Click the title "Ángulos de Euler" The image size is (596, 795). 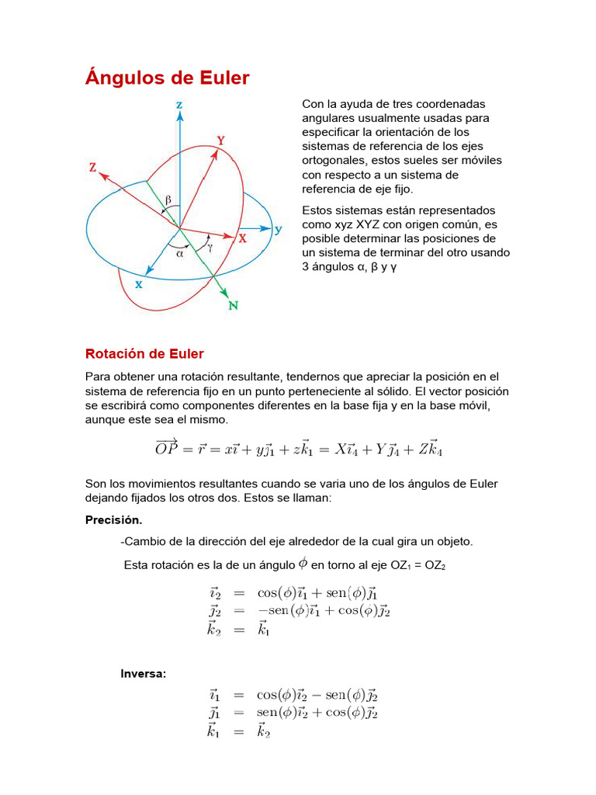167,78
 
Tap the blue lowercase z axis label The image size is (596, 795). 179,103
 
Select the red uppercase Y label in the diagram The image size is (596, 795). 221,141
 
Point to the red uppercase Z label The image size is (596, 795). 92,167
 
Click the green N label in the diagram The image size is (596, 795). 233,306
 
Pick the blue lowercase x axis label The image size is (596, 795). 139,284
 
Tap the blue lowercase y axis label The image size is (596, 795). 278,229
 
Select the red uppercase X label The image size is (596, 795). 243,240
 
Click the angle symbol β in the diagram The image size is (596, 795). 168,199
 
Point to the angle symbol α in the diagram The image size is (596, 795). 179,252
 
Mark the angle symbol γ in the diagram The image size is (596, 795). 210,248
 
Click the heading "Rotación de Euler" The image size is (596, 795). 144,354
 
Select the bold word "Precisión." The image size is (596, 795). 113,520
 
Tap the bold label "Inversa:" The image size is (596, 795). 143,673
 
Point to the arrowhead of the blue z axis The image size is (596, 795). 179,116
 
